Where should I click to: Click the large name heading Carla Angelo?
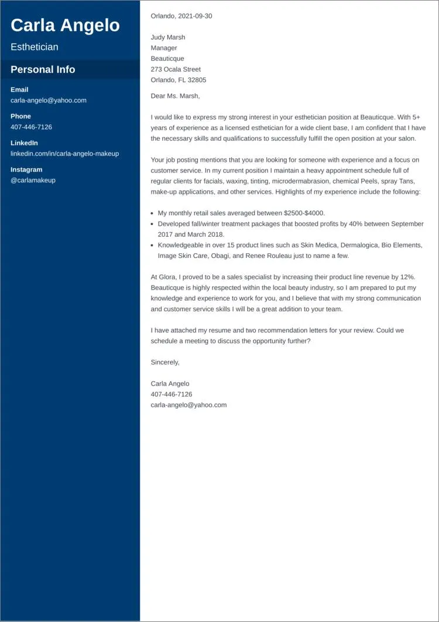tap(65, 25)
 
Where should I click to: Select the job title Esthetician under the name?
tap(35, 47)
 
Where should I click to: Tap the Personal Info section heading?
tap(43, 69)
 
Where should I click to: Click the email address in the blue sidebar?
tap(49, 100)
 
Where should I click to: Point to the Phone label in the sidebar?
tap(20, 116)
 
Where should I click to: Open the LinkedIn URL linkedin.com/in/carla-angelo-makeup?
tap(64, 154)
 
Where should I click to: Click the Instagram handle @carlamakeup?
tap(33, 180)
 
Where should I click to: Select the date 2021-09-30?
tap(196, 16)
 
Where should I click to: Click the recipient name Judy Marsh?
tap(167, 38)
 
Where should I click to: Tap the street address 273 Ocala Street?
tap(176, 69)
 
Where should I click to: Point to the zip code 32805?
tap(196, 80)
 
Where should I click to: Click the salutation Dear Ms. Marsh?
tap(175, 96)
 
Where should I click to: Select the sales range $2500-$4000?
tap(303, 213)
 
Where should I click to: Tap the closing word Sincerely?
tap(164, 362)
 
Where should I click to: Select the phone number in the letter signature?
tap(171, 394)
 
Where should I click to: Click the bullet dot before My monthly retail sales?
tap(152, 214)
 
